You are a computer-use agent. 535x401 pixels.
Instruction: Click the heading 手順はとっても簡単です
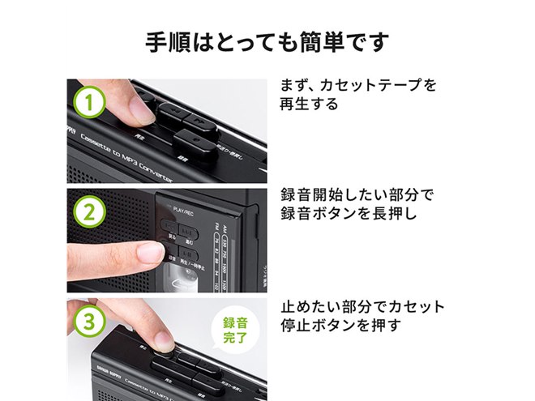[x=267, y=41]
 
